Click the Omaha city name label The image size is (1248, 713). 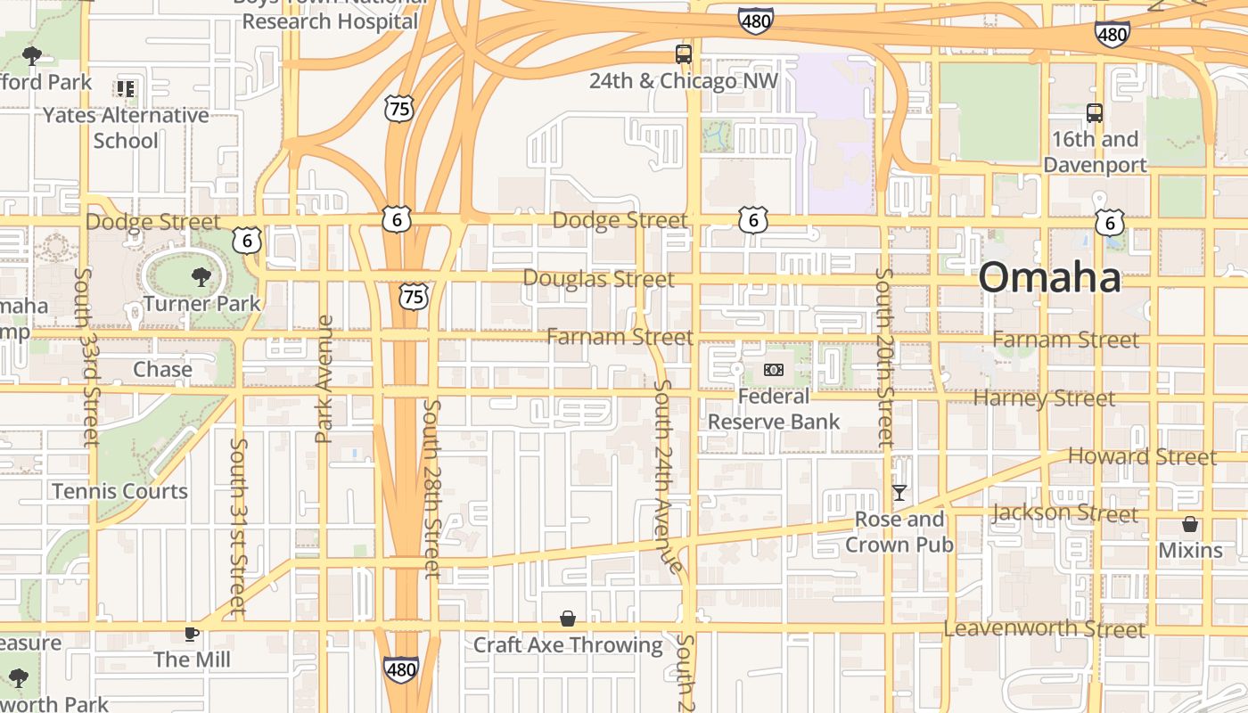coord(1050,277)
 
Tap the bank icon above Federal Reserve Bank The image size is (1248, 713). coord(774,369)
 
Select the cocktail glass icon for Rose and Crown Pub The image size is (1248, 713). coord(899,492)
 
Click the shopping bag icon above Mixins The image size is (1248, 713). coord(1190,524)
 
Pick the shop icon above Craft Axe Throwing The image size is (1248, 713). coord(568,619)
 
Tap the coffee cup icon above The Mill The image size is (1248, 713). coord(191,634)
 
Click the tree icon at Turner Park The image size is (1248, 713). coord(201,277)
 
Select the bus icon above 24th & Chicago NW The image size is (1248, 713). coord(684,54)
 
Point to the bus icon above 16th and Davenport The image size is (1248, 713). coord(1095,113)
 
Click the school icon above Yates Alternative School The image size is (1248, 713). coord(126,88)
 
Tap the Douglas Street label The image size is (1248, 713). coord(598,279)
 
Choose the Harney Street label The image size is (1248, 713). coord(1044,398)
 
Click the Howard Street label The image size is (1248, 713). coord(1142,457)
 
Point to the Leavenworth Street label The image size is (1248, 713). coord(1045,629)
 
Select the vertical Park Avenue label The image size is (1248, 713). coord(324,379)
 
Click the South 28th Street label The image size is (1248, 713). coord(432,488)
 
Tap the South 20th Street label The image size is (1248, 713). coord(884,357)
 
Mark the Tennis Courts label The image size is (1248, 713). coord(119,491)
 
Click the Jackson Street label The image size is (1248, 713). coord(1064,513)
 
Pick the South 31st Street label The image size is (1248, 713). coord(238,526)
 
